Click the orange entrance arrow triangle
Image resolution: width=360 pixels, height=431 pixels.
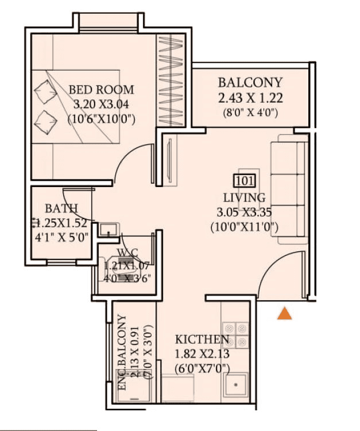(284, 313)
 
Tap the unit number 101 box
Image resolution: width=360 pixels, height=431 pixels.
(244, 181)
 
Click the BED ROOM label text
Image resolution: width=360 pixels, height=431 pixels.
(101, 90)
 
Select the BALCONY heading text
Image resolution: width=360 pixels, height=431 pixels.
(250, 82)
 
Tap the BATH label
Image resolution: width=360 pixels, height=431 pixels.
(61, 208)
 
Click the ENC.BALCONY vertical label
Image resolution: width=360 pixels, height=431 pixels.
(122, 352)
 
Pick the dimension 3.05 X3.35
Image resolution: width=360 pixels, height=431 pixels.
(245, 212)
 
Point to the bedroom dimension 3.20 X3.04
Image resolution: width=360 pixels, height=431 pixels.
(101, 104)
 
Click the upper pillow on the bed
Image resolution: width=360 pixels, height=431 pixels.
(43, 91)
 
